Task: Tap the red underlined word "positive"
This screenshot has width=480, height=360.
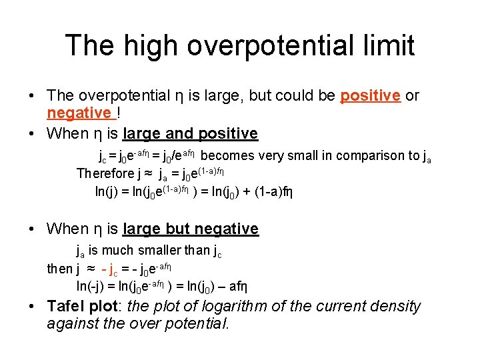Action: (x=370, y=95)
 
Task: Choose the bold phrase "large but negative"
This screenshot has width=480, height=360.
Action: (x=190, y=229)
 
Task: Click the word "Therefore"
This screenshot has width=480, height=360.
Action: (x=105, y=174)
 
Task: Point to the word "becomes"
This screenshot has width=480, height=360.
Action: (x=227, y=156)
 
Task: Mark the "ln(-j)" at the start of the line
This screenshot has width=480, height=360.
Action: (x=111, y=287)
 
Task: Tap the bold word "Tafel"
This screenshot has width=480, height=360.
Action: (x=67, y=307)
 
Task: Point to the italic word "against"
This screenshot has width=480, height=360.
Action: (x=73, y=324)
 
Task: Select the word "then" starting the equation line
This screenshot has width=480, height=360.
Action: (x=59, y=269)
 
